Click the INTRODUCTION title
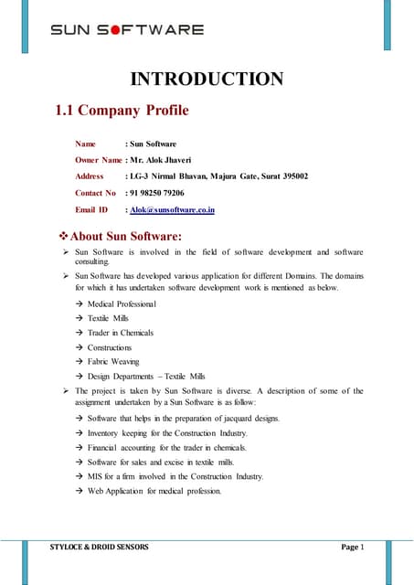[207, 80]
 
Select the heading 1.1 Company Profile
[122, 112]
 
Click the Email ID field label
[91, 209]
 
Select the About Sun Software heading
[138, 238]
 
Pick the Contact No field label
[95, 193]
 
